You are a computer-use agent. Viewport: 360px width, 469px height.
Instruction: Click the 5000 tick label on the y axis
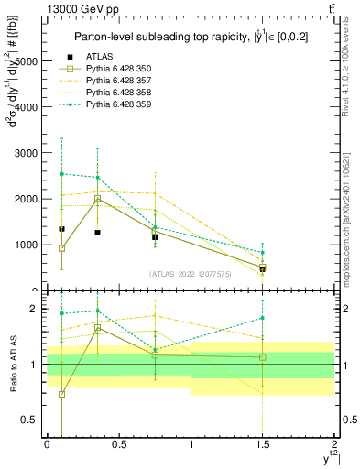[27, 61]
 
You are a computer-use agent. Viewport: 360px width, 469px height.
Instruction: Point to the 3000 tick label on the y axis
[27, 153]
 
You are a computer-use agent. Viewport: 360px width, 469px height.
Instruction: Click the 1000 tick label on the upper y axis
[27, 245]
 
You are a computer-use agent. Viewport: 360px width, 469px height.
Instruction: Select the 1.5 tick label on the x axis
[263, 445]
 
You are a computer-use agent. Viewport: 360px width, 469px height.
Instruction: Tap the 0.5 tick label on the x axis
[119, 445]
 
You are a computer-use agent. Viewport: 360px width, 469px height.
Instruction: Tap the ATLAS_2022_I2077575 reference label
[190, 273]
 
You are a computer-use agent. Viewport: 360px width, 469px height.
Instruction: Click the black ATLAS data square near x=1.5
[263, 269]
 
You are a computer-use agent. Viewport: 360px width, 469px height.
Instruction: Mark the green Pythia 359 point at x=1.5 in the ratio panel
[263, 318]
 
